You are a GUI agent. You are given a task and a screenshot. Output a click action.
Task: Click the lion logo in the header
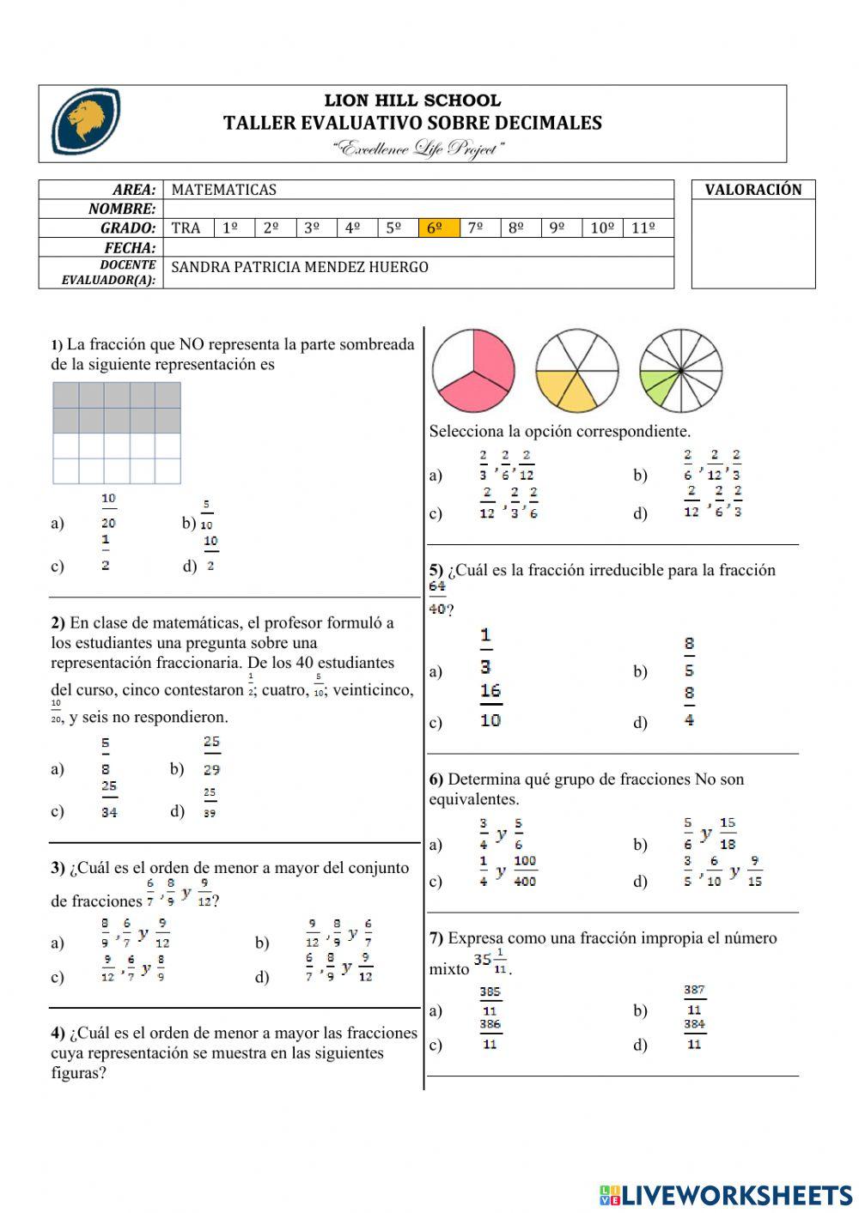click(x=86, y=122)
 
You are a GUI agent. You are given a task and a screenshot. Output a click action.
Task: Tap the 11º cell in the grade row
click(x=644, y=227)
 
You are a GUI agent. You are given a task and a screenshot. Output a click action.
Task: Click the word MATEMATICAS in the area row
click(x=223, y=190)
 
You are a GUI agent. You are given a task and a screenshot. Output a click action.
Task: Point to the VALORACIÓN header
click(x=752, y=190)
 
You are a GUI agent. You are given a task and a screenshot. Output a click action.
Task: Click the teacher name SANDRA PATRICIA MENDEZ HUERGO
click(x=300, y=267)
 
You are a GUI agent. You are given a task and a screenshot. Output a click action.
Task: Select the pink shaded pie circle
click(x=473, y=370)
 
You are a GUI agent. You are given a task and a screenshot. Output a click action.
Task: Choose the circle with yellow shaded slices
click(x=576, y=370)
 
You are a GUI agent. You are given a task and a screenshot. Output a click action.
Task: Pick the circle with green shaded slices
click(x=680, y=370)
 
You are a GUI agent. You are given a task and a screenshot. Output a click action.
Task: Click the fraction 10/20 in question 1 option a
click(x=108, y=511)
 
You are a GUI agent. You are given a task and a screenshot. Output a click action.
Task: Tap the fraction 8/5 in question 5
click(x=689, y=657)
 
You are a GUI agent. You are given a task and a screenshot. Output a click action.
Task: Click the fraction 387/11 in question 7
click(x=694, y=1000)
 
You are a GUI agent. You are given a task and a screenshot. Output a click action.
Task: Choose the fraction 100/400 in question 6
click(x=524, y=870)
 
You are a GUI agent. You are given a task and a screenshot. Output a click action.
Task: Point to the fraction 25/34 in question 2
click(x=109, y=799)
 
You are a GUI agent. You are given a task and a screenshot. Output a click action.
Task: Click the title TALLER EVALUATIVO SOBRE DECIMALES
click(x=412, y=123)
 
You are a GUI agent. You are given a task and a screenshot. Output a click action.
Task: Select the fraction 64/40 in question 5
click(x=437, y=597)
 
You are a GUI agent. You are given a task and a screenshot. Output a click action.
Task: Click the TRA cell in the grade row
click(x=186, y=227)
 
